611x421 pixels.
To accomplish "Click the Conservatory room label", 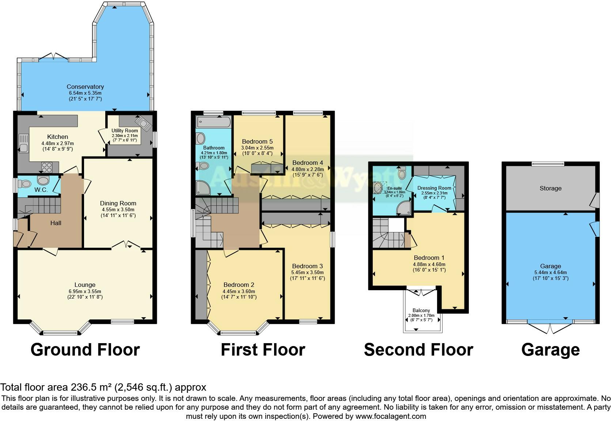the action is coord(85,87).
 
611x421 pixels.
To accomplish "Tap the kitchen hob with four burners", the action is coord(47,167).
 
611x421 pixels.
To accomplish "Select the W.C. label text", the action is coord(41,190).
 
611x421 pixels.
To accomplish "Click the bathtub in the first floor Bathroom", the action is coord(213,122).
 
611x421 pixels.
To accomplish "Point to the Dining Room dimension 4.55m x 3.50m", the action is coord(118,209).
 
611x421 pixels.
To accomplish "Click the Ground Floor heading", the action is coord(85,350).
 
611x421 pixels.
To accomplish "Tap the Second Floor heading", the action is coord(418,350).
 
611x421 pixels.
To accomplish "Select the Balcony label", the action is coord(421,311).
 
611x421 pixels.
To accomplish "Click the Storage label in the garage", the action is coord(550,188).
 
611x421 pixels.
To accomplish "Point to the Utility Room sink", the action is coord(144,123).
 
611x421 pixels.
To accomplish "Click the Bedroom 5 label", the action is coord(257,141).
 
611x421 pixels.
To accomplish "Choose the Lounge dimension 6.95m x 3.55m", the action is coord(85,291).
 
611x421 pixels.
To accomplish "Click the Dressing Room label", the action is coord(434,188).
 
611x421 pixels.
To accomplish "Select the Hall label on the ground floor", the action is coord(56,223).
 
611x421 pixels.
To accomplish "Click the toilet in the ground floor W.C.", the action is coord(24,183).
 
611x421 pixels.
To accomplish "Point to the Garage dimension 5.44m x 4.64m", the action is coord(550,272).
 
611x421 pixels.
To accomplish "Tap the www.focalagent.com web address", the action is coord(391,416).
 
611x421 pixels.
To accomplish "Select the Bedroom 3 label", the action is coord(307,266).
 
